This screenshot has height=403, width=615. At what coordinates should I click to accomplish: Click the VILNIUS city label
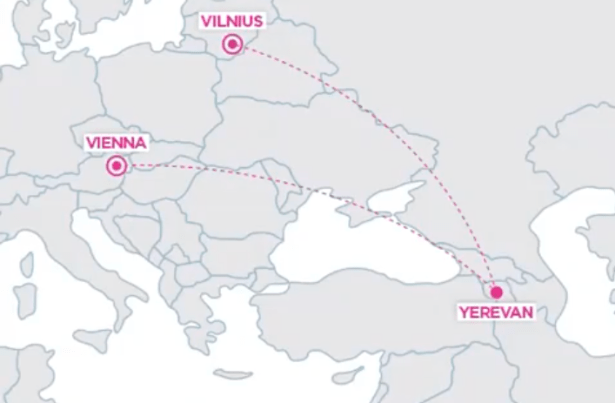[x=232, y=20]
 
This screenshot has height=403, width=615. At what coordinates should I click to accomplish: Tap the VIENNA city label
[x=117, y=142]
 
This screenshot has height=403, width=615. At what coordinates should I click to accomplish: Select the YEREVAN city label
[x=496, y=313]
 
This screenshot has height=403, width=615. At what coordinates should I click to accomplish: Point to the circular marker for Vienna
[x=118, y=166]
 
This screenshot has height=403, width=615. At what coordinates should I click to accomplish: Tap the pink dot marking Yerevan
[x=496, y=292]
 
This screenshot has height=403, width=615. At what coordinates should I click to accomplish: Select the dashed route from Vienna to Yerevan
[x=300, y=186]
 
